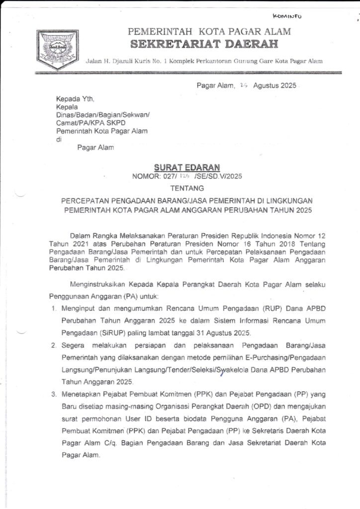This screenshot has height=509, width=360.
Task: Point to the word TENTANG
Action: [x=187, y=188]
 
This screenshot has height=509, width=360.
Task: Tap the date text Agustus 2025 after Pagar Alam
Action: [x=274, y=85]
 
